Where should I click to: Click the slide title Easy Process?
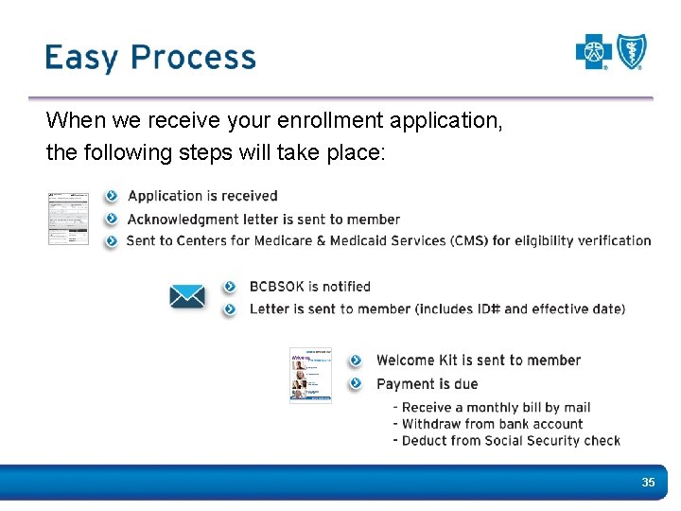click(x=149, y=58)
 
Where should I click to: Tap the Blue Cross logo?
click(x=595, y=52)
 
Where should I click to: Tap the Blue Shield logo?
click(x=632, y=52)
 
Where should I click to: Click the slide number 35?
click(x=648, y=483)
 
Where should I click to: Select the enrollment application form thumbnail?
click(x=68, y=219)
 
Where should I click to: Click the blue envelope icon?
click(x=187, y=296)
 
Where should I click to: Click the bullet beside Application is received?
click(x=112, y=196)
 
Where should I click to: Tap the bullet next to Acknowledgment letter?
click(x=112, y=219)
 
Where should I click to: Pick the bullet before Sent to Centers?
click(x=112, y=240)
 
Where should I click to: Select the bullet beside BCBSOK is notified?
click(x=230, y=287)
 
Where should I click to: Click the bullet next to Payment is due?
click(x=356, y=383)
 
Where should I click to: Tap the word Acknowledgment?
click(x=180, y=219)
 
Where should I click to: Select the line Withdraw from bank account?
click(x=492, y=424)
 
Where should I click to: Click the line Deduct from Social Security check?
click(x=511, y=440)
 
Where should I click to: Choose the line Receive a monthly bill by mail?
click(x=496, y=408)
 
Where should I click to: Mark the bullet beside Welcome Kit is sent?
click(x=356, y=361)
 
